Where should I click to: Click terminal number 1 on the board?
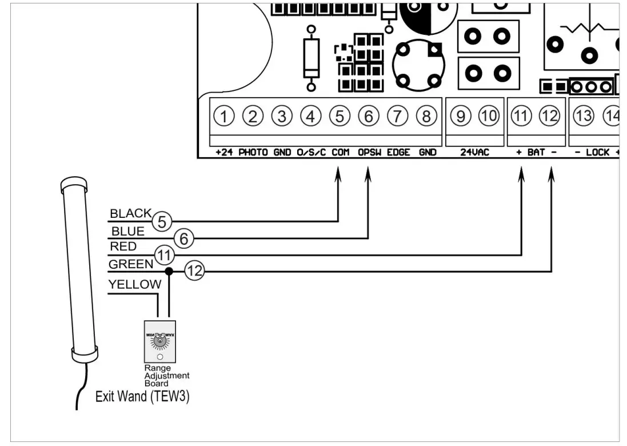[x=225, y=117]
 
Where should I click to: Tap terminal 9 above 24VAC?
[x=460, y=117]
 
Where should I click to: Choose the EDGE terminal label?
[x=398, y=153]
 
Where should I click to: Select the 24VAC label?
[x=474, y=153]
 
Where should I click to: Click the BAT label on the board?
[x=536, y=153]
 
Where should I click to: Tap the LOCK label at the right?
[x=597, y=153]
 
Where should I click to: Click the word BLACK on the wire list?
[x=130, y=214]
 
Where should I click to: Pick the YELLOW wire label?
[x=135, y=284]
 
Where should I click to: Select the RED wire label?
[x=123, y=246]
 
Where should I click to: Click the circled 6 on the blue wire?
[x=183, y=240]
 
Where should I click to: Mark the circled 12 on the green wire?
[x=195, y=272]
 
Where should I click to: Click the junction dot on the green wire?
[x=169, y=270]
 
